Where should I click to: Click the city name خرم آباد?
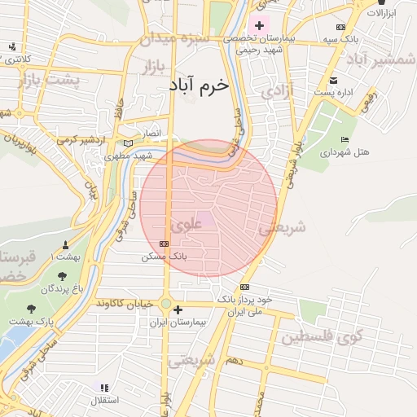(x=200, y=85)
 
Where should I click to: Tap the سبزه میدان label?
(x=174, y=37)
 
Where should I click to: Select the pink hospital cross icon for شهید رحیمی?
(x=259, y=25)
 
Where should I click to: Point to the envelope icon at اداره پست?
(x=334, y=80)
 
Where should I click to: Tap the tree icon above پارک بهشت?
(x=32, y=309)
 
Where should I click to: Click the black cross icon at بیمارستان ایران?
(x=178, y=309)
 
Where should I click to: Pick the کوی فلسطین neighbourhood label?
(x=318, y=336)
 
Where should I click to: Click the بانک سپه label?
(x=336, y=39)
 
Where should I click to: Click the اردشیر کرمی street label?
(x=86, y=138)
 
